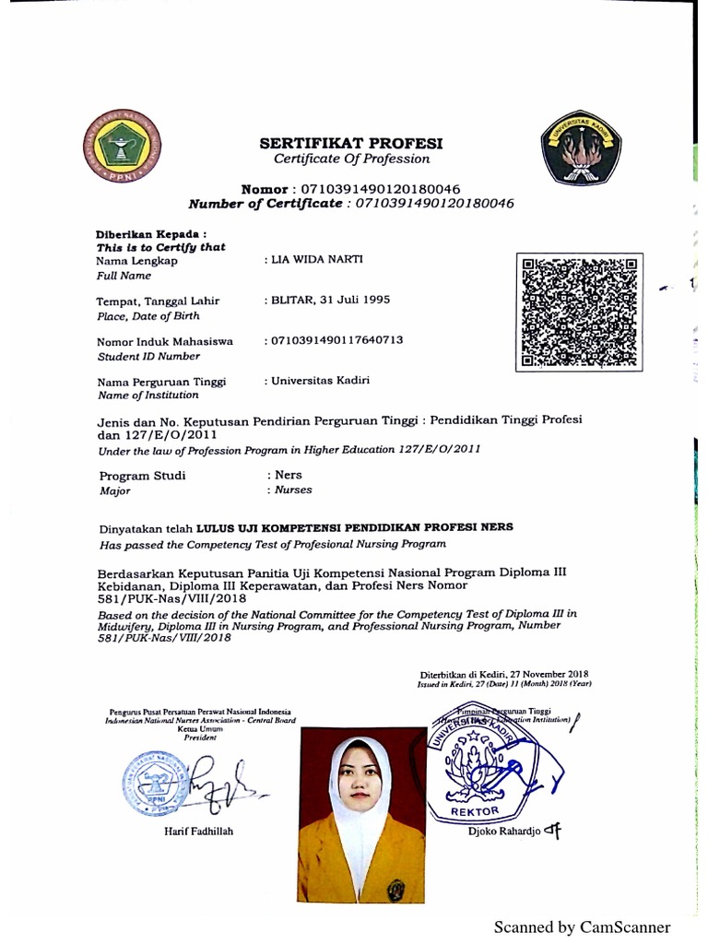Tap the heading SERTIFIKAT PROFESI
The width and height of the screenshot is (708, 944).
click(351, 143)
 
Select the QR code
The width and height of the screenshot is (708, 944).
click(580, 312)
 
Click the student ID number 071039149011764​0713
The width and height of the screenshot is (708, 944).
click(336, 340)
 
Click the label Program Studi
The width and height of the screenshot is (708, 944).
click(142, 476)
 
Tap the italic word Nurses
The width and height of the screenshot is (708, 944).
click(293, 490)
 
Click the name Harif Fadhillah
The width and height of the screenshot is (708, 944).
click(195, 831)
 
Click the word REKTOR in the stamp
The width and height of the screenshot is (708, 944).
click(475, 811)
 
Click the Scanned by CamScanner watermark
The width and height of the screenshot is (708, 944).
click(582, 927)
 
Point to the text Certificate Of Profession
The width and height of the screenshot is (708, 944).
click(351, 159)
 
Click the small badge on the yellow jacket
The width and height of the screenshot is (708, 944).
click(395, 890)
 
